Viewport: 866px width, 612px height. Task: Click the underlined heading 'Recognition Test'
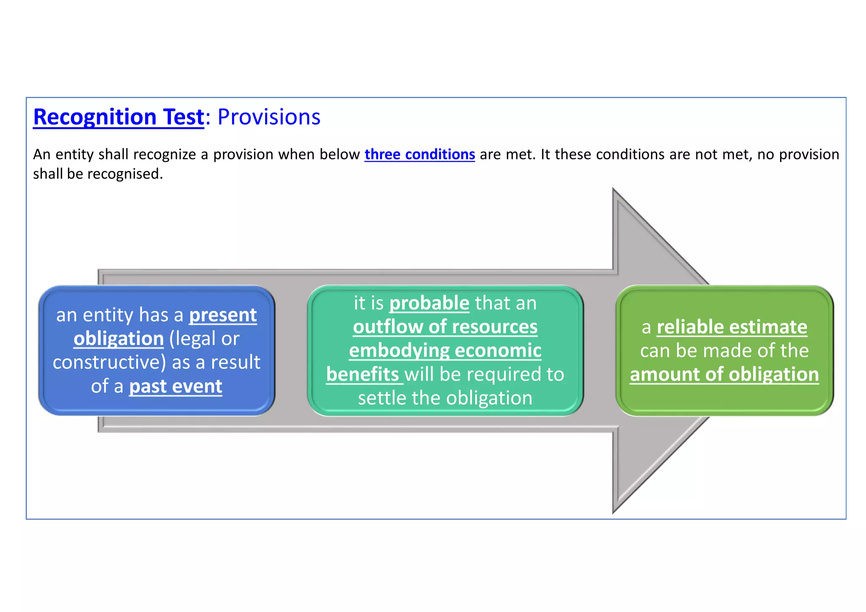[x=118, y=117]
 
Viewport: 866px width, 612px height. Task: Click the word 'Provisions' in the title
[x=269, y=117]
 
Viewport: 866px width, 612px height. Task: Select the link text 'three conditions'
[x=419, y=154]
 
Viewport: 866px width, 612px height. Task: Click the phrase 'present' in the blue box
[x=223, y=315]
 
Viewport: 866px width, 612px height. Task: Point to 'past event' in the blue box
[x=175, y=386]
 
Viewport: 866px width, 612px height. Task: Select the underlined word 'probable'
[x=429, y=303]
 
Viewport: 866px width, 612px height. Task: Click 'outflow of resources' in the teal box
[x=445, y=327]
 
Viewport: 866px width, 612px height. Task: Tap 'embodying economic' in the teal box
[x=445, y=351]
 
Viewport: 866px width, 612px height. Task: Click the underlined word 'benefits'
[x=363, y=374]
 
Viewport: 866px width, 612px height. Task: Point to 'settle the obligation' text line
[x=445, y=398]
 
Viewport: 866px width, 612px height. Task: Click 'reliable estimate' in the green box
[x=732, y=327]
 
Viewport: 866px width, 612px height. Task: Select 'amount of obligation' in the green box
[x=724, y=374]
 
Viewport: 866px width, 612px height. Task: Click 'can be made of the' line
[x=724, y=351]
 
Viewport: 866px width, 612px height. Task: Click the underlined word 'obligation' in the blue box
[x=118, y=339]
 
